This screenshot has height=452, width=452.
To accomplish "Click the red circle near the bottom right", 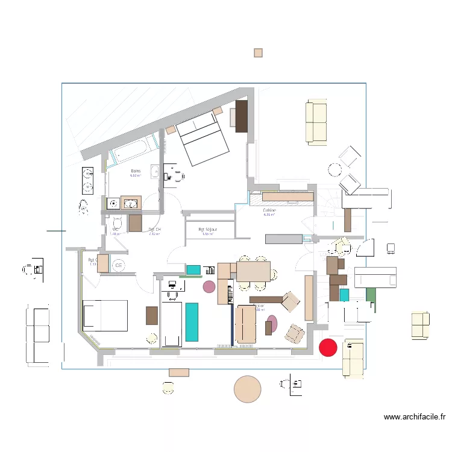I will [327, 347].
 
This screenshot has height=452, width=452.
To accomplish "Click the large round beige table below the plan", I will [247, 389].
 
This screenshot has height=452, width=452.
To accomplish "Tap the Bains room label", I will [136, 172].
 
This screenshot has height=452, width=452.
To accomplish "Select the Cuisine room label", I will [269, 211].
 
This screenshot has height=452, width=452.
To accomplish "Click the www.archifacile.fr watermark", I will [414, 416].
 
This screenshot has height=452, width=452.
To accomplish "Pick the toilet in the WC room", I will [117, 224].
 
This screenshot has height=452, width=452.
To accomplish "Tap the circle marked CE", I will [119, 265].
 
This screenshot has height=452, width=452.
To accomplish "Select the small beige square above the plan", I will [258, 53].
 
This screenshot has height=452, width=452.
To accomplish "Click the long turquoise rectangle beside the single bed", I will [192, 322].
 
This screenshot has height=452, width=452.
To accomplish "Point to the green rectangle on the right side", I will [371, 295].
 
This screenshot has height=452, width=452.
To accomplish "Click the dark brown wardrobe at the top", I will [242, 116].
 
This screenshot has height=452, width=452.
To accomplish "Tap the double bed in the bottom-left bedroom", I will [105, 315].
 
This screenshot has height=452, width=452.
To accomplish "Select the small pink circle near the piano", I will [209, 286].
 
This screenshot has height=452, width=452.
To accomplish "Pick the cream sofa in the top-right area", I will [316, 123].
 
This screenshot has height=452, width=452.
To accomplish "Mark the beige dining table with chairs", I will [253, 271].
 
